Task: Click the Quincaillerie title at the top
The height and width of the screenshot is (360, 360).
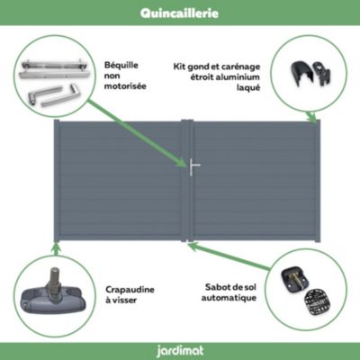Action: click(179, 13)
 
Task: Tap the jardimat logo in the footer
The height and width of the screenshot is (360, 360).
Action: click(180, 350)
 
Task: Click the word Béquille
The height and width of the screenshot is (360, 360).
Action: click(121, 66)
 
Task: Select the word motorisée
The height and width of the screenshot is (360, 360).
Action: click(125, 86)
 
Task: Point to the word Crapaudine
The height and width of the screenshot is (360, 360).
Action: click(130, 290)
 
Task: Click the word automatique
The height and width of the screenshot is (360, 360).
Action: click(229, 298)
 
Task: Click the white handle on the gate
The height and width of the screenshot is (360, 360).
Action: click(193, 167)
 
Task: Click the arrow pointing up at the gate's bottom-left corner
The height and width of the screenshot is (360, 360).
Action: click(56, 248)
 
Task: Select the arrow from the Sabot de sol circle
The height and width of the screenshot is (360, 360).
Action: click(229, 256)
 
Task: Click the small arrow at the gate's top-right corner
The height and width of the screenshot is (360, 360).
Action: click(312, 118)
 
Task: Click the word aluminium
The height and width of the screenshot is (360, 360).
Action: click(241, 77)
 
